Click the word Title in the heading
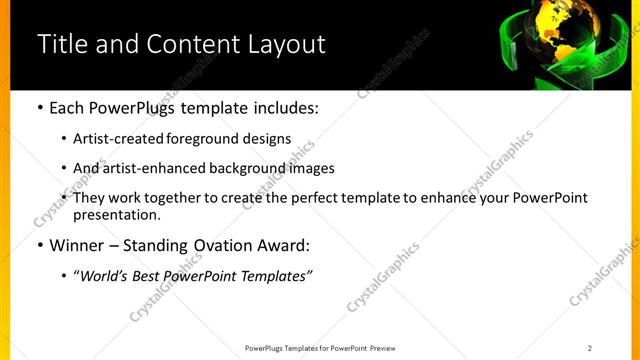click(59, 45)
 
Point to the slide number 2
click(590, 348)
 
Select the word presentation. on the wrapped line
click(116, 214)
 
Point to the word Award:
click(284, 244)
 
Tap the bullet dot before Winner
click(38, 244)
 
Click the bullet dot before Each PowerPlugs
click(38, 105)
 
